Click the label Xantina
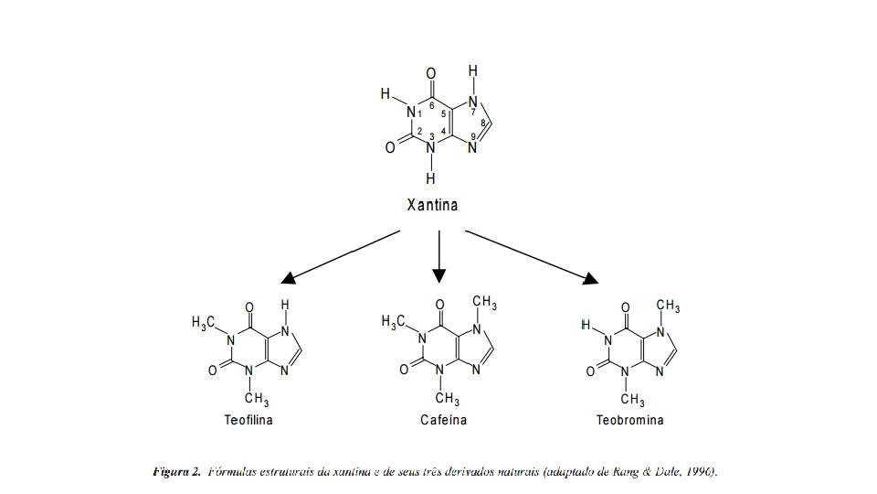pos(432,205)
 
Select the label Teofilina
pos(248,421)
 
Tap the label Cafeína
pos(443,421)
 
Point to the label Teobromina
pos(629,421)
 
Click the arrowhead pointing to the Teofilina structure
pos(289,277)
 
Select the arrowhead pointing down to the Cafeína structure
pos(439,274)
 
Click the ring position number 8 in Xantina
pos(482,124)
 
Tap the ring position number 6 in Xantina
pos(431,105)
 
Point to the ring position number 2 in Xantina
pos(419,132)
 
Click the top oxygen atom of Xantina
pos(431,73)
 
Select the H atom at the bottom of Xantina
pos(430,178)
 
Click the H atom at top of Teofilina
pos(285,305)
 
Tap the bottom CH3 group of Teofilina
pos(256,399)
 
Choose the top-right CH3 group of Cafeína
pos(484,302)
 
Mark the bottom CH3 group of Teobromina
pos(632,400)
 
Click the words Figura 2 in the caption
pos(176,472)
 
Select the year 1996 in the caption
pos(699,472)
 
